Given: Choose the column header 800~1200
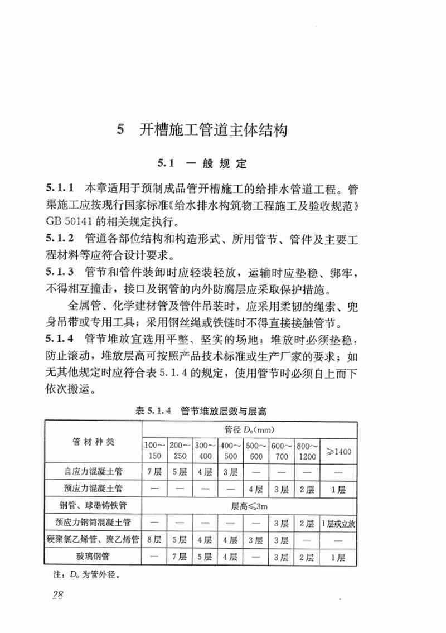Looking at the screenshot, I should pos(307,451).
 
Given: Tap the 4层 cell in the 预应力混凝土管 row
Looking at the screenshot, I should pos(256,489).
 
